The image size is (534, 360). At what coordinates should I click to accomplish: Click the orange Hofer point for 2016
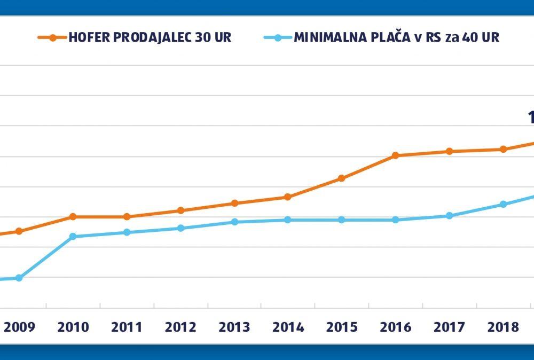click(x=395, y=155)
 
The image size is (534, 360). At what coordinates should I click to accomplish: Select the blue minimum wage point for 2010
click(x=73, y=236)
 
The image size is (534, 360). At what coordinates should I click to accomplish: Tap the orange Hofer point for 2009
click(x=19, y=231)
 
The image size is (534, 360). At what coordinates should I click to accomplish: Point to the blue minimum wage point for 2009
click(x=19, y=278)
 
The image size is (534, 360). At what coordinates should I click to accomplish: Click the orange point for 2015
click(x=342, y=178)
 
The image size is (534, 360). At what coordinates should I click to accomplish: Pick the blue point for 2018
click(x=503, y=204)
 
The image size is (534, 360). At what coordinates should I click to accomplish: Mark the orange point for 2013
click(x=234, y=203)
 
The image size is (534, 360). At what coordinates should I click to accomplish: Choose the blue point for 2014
click(x=288, y=220)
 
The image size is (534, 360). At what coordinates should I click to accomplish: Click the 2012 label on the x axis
click(x=180, y=327)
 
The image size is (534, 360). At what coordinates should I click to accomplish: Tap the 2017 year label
click(x=449, y=327)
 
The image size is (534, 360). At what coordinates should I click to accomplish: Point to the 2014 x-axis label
click(x=288, y=327)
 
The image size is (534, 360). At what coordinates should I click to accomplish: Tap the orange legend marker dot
click(x=53, y=38)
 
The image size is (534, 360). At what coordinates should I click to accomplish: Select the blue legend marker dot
click(x=278, y=38)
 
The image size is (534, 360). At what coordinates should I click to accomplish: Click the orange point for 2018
click(x=503, y=149)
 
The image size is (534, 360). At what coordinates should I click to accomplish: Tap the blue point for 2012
click(x=180, y=228)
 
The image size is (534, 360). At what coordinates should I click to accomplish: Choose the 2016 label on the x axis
click(x=395, y=327)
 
